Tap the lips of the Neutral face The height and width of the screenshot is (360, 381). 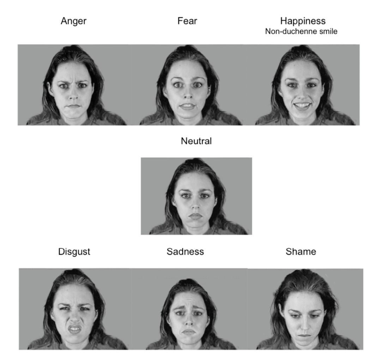click(196, 215)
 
